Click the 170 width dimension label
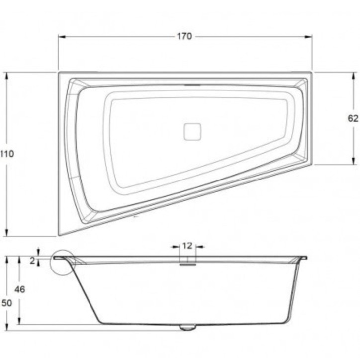click(x=184, y=36)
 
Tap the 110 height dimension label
click(x=7, y=154)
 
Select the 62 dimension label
click(x=353, y=118)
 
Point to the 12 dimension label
click(x=187, y=246)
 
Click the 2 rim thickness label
click(x=33, y=261)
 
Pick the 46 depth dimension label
click(x=20, y=289)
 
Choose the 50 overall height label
click(x=7, y=303)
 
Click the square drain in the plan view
click(x=192, y=132)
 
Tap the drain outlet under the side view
click(x=188, y=327)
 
